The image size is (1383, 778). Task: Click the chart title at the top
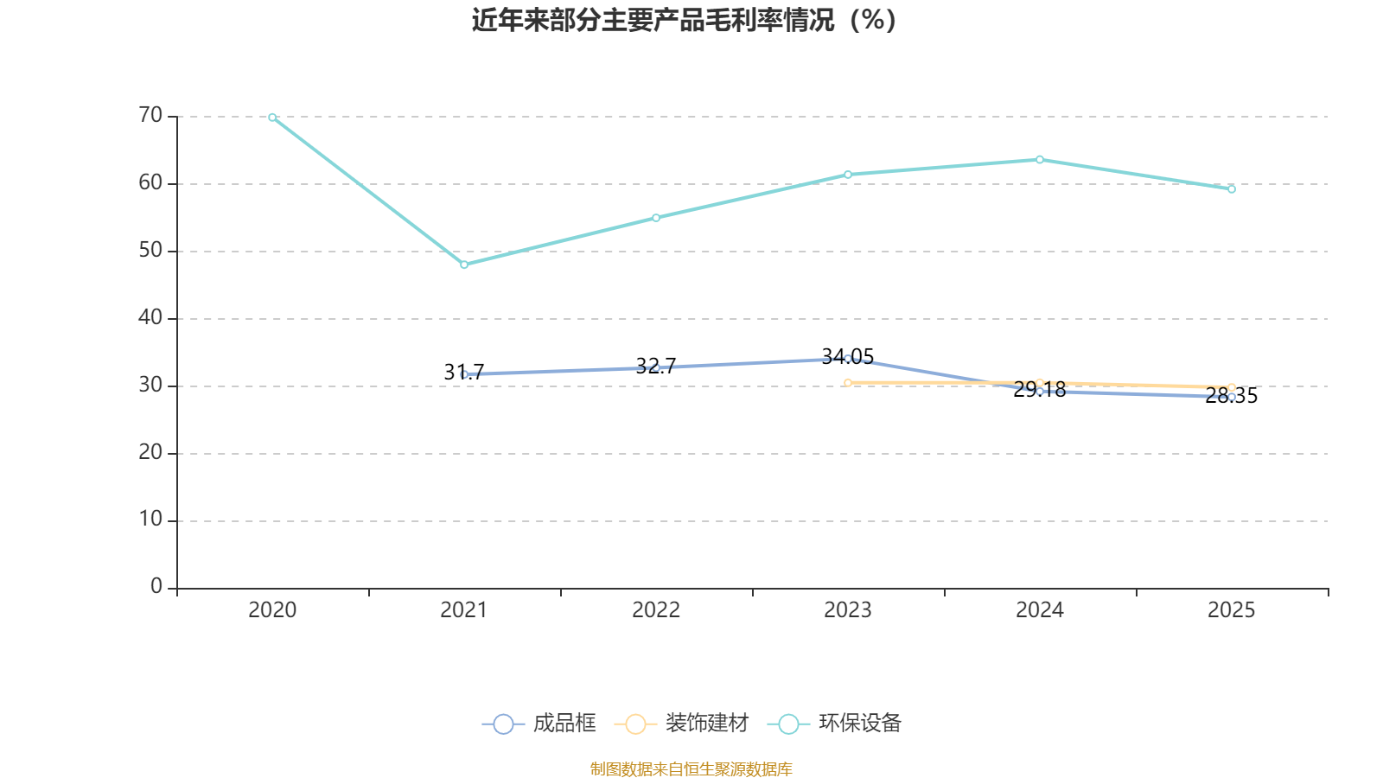point(684,20)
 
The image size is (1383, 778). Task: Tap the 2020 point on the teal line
point(272,118)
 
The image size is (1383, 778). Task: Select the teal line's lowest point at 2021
point(464,265)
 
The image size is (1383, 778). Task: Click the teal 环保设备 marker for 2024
point(1040,160)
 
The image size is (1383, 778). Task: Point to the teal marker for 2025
point(1232,189)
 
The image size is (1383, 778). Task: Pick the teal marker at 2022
point(656,218)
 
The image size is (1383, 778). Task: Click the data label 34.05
point(848,357)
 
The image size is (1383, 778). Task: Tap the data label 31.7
point(464,373)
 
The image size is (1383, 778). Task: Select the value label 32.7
point(656,367)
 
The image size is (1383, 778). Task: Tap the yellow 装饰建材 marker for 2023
point(848,383)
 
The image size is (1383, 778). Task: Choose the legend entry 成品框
point(539,723)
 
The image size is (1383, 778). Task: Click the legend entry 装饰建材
point(682,723)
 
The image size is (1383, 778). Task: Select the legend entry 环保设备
point(834,723)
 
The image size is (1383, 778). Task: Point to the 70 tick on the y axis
point(150,116)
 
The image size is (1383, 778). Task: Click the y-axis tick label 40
point(150,318)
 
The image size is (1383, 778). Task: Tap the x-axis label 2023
point(848,610)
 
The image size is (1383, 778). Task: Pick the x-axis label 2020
point(272,610)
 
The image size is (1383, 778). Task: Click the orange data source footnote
point(691,768)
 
